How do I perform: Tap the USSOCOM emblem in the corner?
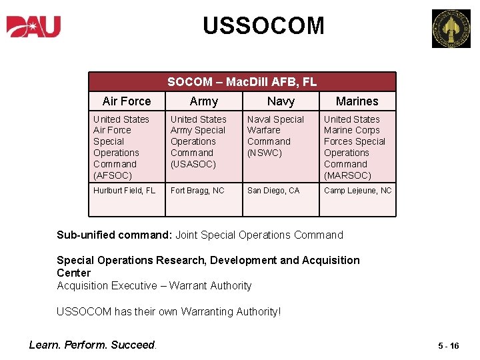(451, 29)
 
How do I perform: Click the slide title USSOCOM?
(263, 26)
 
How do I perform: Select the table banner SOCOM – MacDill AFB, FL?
(242, 82)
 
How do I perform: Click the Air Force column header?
(127, 101)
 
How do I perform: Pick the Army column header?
(203, 101)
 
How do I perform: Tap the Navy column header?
(281, 101)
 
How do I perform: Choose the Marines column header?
(357, 101)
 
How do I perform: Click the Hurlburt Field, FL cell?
(125, 191)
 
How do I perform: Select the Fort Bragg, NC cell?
(197, 191)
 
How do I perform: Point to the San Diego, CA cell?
(273, 191)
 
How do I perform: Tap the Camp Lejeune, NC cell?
(358, 191)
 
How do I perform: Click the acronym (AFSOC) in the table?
(113, 175)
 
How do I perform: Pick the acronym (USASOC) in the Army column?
(193, 164)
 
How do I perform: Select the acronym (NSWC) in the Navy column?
(265, 153)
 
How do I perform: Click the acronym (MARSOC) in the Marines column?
(347, 175)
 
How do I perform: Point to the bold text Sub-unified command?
(115, 235)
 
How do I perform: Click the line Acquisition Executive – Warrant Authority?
(154, 285)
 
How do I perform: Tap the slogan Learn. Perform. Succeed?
(93, 345)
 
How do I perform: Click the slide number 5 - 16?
(449, 346)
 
